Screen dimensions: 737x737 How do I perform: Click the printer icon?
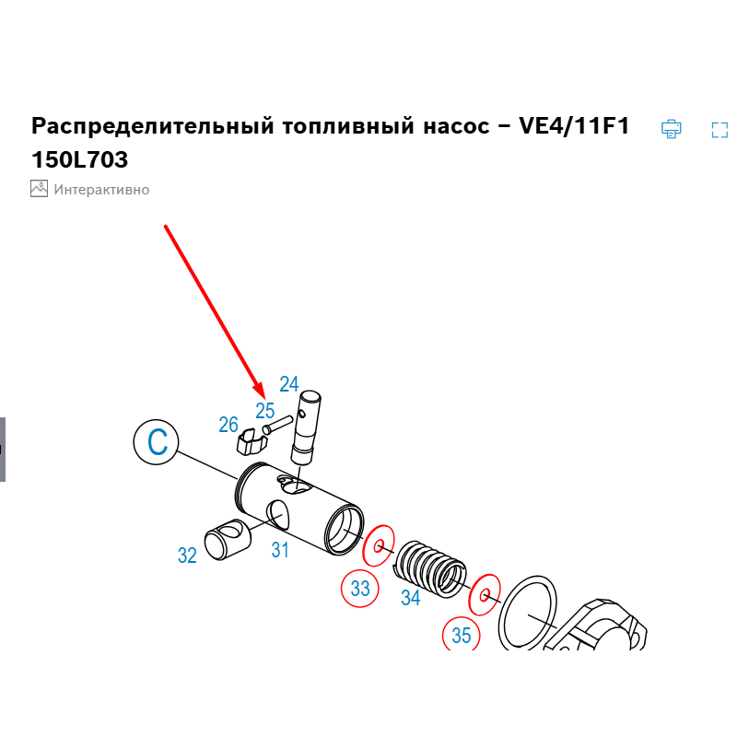pos(671,129)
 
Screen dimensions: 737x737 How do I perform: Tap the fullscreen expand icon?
pos(719,130)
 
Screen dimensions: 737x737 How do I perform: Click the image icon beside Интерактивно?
pos(39,189)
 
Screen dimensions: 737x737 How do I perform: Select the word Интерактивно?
pos(101,190)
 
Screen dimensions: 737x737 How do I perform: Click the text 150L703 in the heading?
pos(79,159)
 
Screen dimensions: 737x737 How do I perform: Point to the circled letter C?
pos(156,442)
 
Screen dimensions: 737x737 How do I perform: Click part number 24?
pos(289,384)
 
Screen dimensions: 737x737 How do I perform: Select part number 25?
pos(265,411)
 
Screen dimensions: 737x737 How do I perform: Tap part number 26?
pos(228,425)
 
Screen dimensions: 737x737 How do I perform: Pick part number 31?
pos(280,549)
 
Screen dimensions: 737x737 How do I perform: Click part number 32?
pos(187,556)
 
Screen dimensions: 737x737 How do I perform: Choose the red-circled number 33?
pos(360,588)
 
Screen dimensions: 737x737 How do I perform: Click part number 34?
pos(410,597)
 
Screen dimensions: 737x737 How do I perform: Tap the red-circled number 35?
pos(462,635)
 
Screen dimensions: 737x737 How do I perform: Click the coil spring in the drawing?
pos(430,567)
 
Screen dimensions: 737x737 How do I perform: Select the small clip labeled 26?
pos(252,441)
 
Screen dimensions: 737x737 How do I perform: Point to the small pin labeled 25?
pos(277,425)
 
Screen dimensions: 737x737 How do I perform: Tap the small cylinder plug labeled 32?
pos(228,540)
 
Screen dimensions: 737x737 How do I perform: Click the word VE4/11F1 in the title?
pos(574,126)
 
